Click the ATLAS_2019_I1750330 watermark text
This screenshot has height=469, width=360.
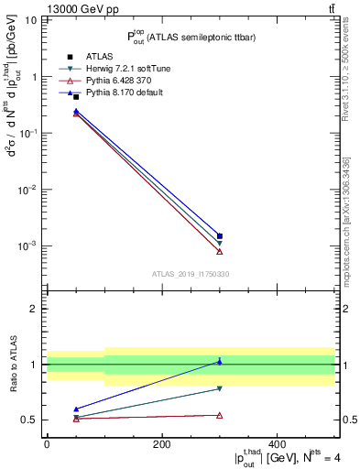point(191,274)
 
